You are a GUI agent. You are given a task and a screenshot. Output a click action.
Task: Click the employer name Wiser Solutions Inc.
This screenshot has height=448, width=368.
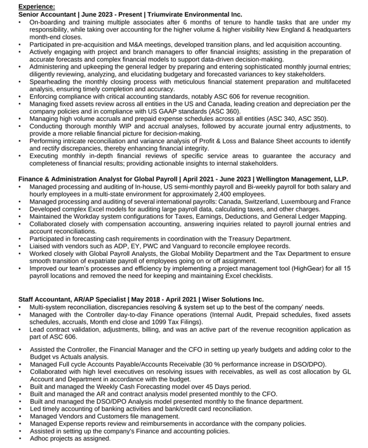[232, 299]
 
